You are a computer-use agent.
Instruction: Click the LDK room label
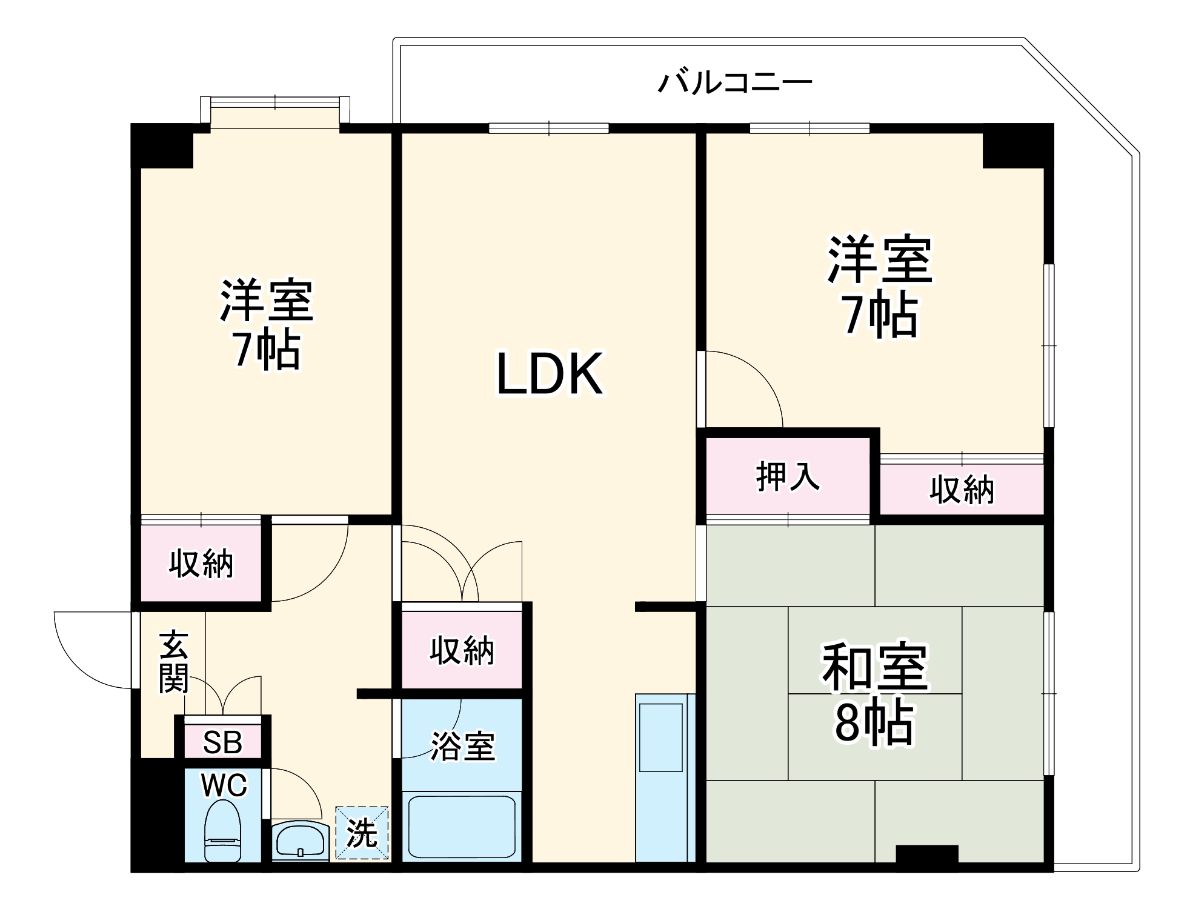[x=550, y=374]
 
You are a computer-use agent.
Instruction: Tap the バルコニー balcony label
[x=734, y=82]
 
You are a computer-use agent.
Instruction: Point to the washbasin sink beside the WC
[x=299, y=840]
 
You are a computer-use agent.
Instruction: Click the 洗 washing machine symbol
[x=362, y=833]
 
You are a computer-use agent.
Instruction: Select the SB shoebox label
[x=222, y=742]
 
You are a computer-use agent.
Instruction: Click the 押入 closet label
[x=788, y=476]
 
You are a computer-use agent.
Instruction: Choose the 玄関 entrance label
[x=174, y=662]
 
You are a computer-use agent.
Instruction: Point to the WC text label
[x=224, y=785]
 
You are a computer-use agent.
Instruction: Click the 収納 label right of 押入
[x=962, y=490]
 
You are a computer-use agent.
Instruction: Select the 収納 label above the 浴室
[x=462, y=651]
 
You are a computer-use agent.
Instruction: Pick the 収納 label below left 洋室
[x=201, y=564]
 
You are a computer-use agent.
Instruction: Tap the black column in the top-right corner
[x=1017, y=146]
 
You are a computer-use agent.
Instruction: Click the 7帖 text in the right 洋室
[x=880, y=316]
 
